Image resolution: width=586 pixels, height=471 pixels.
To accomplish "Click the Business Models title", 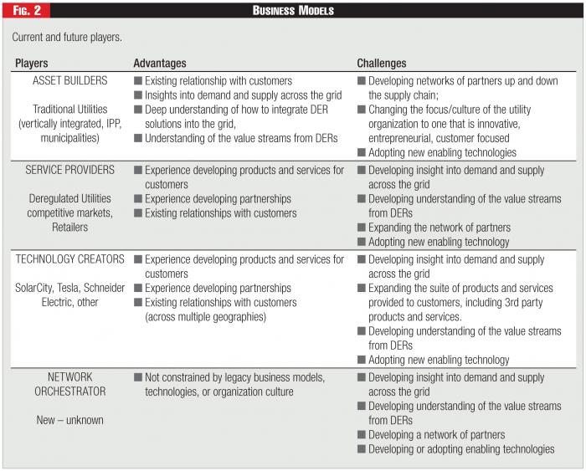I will pos(293,10).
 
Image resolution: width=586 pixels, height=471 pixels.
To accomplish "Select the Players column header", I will pos(32,64).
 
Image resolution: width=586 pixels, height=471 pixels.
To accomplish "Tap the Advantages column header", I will pos(160,64).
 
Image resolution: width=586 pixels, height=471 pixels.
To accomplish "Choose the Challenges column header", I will pos(382,64).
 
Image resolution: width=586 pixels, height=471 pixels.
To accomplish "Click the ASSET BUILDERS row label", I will pos(70,81).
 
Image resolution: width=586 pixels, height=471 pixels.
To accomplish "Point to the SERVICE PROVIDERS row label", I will pos(70,170).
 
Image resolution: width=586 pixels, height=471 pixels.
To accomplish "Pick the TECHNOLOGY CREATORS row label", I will pos(70,260).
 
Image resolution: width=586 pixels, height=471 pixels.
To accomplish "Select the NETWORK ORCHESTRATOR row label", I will pos(70,384).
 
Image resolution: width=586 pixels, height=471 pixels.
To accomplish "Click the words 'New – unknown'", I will pos(70,420).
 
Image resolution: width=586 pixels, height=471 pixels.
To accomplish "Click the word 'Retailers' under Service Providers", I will pos(71,227).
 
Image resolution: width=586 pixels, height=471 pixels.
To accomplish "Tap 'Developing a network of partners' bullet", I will pos(436,435).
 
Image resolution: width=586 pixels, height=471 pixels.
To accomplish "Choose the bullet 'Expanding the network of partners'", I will pos(439,228).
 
